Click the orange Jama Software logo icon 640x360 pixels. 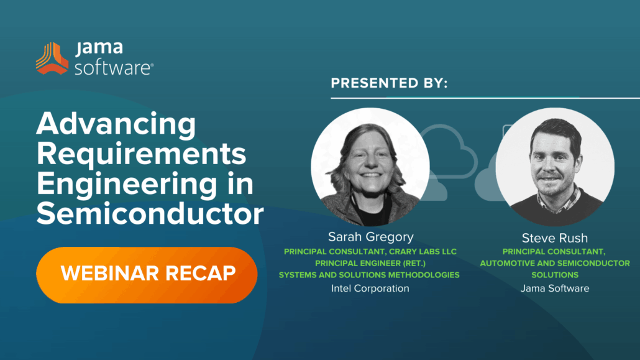pos(52,58)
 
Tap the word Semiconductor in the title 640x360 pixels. pos(150,214)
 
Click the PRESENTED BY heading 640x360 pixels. pos(389,83)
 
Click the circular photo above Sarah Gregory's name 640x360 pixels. pos(370,167)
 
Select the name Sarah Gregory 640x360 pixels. pos(370,237)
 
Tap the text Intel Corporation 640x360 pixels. pos(370,288)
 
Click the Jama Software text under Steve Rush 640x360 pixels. pos(555,288)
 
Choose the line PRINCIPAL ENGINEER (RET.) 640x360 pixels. pos(370,263)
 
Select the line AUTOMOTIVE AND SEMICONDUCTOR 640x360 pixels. pos(555,263)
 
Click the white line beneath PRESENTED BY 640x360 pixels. pos(485,98)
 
